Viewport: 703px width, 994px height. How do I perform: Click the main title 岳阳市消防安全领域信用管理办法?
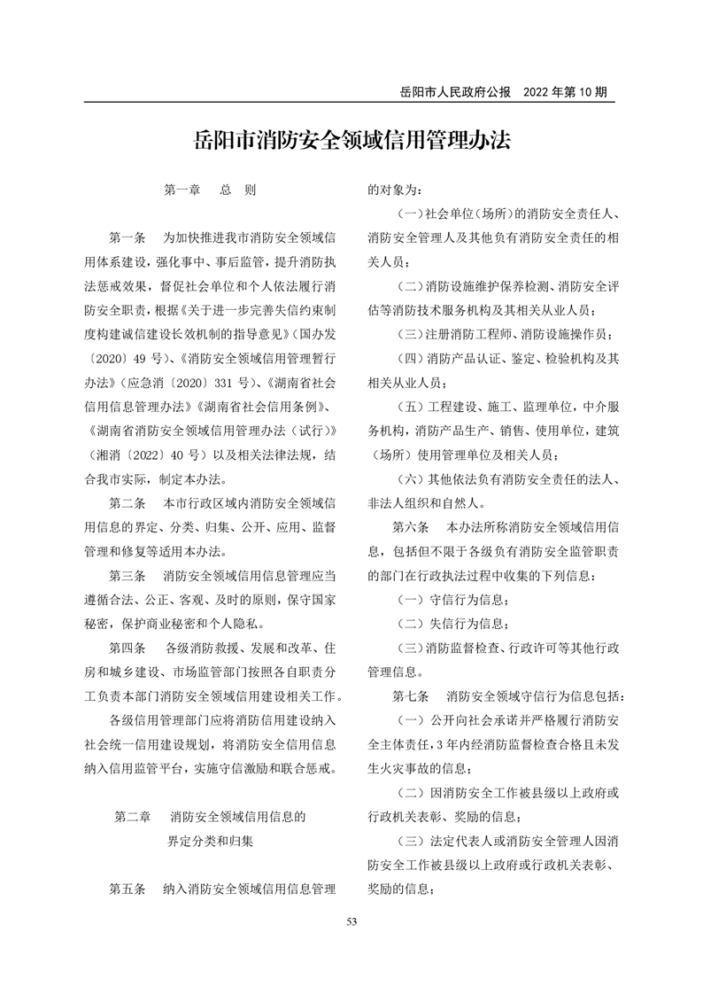(x=351, y=143)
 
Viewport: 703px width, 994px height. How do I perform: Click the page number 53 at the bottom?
(x=351, y=922)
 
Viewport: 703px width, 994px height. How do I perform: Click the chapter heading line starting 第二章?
(x=210, y=816)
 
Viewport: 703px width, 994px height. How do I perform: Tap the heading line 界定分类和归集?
(x=210, y=841)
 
